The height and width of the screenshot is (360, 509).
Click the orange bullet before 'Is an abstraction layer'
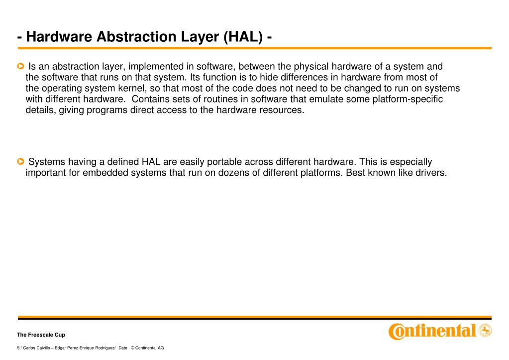(x=20, y=66)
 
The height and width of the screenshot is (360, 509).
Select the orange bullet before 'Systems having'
(x=20, y=162)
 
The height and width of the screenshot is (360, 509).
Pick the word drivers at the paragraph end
(x=430, y=173)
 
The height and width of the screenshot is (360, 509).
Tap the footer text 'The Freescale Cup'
(x=41, y=335)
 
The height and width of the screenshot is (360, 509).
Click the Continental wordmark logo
(x=432, y=331)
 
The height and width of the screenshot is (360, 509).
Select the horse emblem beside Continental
(x=485, y=330)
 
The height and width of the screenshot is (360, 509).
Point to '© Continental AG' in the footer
(x=147, y=348)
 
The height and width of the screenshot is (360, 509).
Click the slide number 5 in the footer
(x=18, y=348)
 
